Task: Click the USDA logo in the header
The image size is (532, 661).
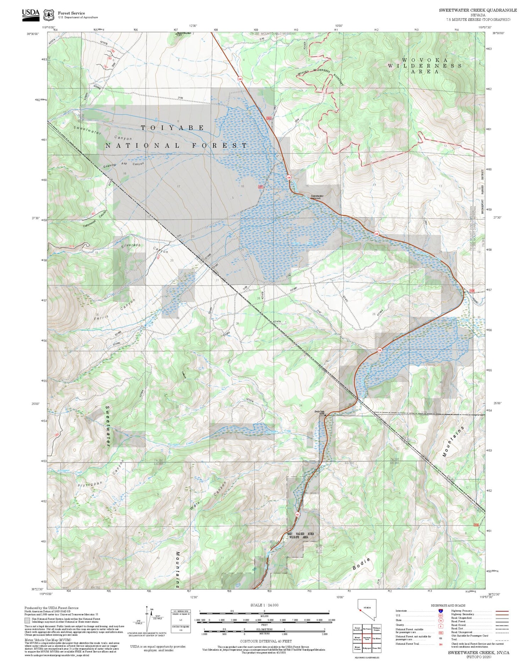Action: tap(31, 15)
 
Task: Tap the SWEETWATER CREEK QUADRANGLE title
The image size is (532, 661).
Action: tap(478, 10)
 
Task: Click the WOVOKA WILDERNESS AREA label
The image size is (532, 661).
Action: tap(425, 66)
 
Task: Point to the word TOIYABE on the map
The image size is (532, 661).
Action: tap(172, 128)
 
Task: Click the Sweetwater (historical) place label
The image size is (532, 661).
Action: tap(317, 197)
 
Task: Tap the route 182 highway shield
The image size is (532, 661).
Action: tap(297, 514)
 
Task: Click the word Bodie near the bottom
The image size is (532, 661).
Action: tap(362, 564)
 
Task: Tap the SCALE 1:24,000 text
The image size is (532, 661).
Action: tap(264, 605)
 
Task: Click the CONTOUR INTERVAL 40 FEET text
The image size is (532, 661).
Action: tap(266, 641)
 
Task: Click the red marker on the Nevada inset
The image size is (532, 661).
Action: tap(360, 610)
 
